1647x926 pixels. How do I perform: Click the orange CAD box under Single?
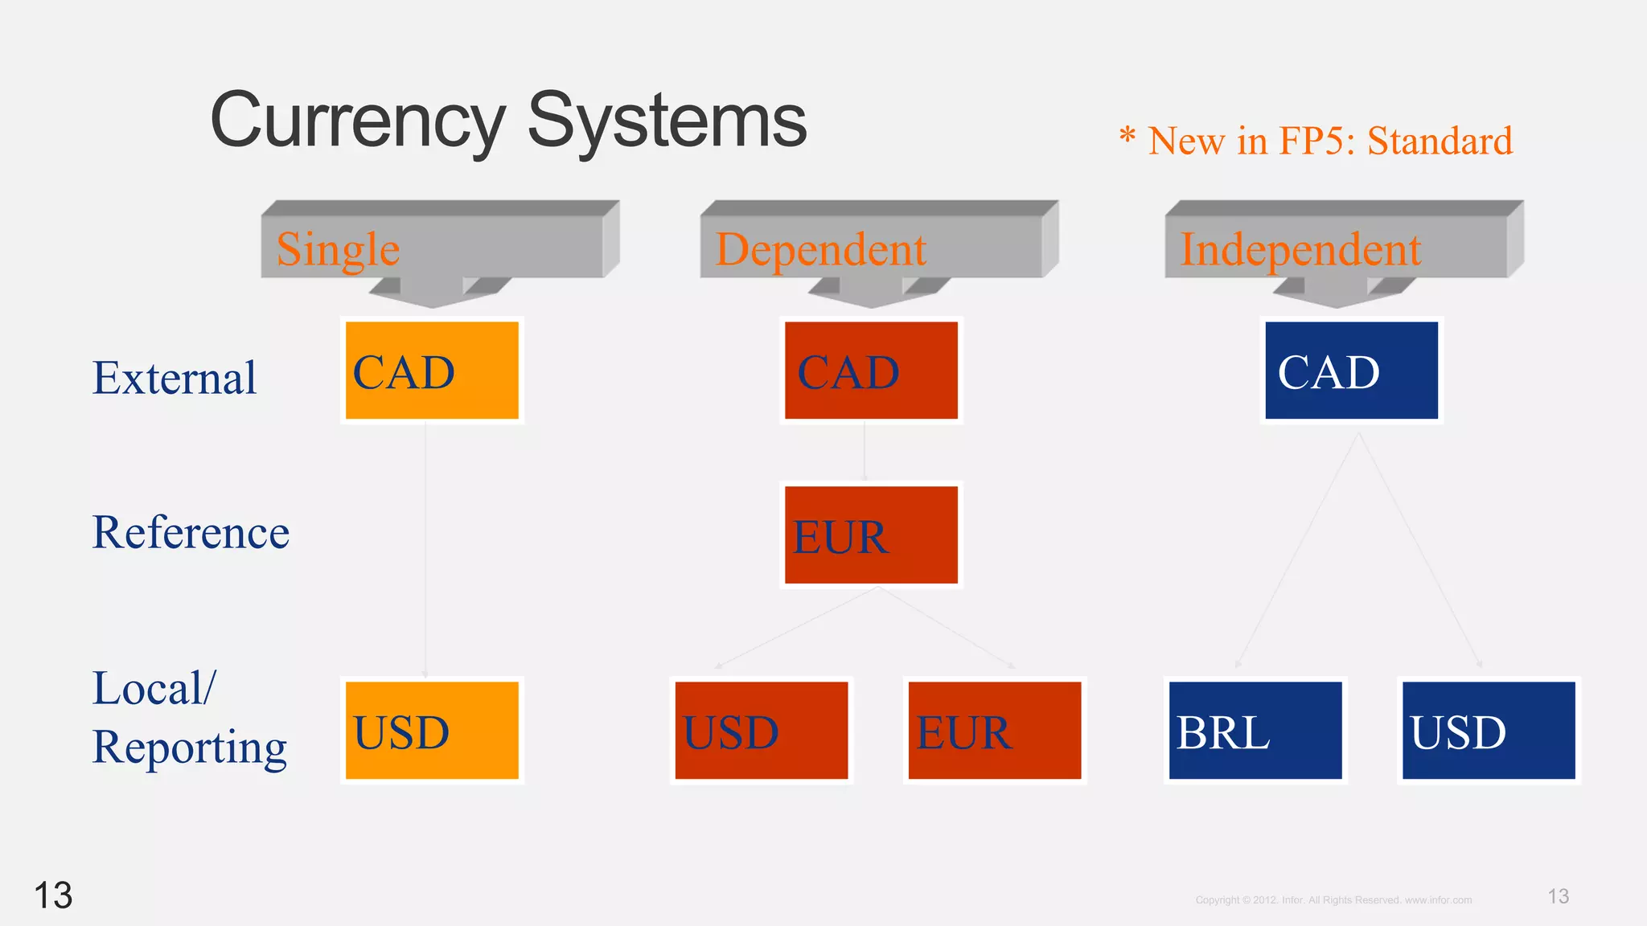tap(432, 371)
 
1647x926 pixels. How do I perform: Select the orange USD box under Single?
tap(432, 730)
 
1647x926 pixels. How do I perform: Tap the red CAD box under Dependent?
tap(871, 371)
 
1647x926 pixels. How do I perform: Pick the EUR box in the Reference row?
tap(871, 535)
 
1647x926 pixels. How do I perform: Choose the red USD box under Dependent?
tap(761, 730)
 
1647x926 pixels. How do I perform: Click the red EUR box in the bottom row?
tap(995, 730)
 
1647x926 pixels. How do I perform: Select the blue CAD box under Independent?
tap(1351, 371)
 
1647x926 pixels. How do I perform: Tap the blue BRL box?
tap(1255, 730)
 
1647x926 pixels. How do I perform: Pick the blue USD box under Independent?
tap(1489, 730)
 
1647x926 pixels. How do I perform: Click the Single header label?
tap(339, 249)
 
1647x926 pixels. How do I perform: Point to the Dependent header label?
tap(821, 249)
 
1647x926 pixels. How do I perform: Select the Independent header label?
tap(1300, 249)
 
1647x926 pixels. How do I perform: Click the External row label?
tap(175, 378)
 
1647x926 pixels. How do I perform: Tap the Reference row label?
tap(191, 532)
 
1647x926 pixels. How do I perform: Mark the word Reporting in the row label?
tap(189, 747)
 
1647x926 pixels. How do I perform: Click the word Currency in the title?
tap(357, 121)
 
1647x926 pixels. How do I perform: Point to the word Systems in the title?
tap(667, 121)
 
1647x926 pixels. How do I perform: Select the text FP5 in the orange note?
tap(1316, 141)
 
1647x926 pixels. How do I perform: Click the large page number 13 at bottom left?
tap(53, 895)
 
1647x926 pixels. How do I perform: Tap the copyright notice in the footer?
tap(1333, 900)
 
